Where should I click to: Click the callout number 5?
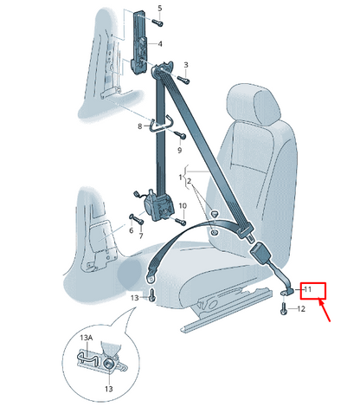[160, 9]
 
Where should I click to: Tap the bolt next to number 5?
[157, 23]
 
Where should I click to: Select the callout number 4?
[159, 44]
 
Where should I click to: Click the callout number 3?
[186, 65]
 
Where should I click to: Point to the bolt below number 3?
[183, 80]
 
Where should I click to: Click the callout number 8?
[140, 126]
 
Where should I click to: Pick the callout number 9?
[179, 150]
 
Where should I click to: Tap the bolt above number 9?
[180, 134]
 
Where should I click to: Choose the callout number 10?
[183, 206]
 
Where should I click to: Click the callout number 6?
[132, 230]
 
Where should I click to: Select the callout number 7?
[141, 236]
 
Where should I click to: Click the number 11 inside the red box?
[308, 289]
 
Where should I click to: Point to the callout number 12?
[301, 309]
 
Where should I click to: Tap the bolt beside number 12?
[283, 308]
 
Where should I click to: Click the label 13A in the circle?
[87, 338]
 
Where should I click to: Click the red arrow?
[325, 310]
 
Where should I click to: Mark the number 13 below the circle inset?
[109, 389]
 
